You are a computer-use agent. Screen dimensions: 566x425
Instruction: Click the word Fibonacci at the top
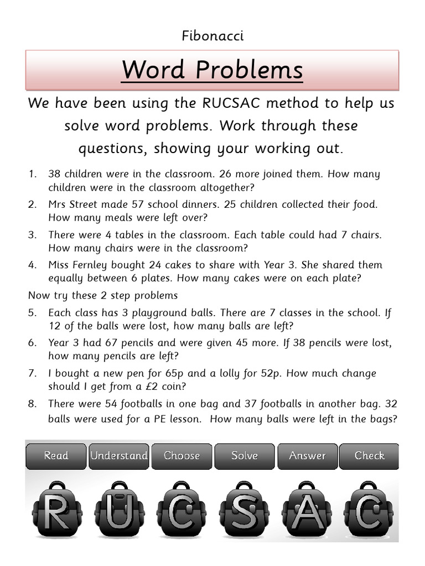[x=212, y=36]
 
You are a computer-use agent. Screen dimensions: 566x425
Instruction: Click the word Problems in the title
[x=250, y=70]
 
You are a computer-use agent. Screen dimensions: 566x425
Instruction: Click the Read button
[x=56, y=455]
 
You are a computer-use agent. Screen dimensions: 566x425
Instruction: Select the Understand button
[x=118, y=455]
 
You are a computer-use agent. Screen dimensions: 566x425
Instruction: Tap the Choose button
[x=182, y=455]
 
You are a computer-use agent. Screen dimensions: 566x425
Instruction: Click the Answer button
[x=307, y=455]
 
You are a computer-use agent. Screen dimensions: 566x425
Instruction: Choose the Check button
[x=369, y=455]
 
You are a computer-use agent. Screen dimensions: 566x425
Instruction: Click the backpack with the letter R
[x=56, y=511]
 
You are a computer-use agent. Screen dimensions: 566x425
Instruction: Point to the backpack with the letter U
[x=118, y=511]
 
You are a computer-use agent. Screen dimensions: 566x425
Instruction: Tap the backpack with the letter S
[x=244, y=511]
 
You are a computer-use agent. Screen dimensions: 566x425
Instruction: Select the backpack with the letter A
[x=306, y=511]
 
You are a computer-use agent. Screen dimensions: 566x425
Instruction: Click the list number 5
[x=32, y=313]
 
